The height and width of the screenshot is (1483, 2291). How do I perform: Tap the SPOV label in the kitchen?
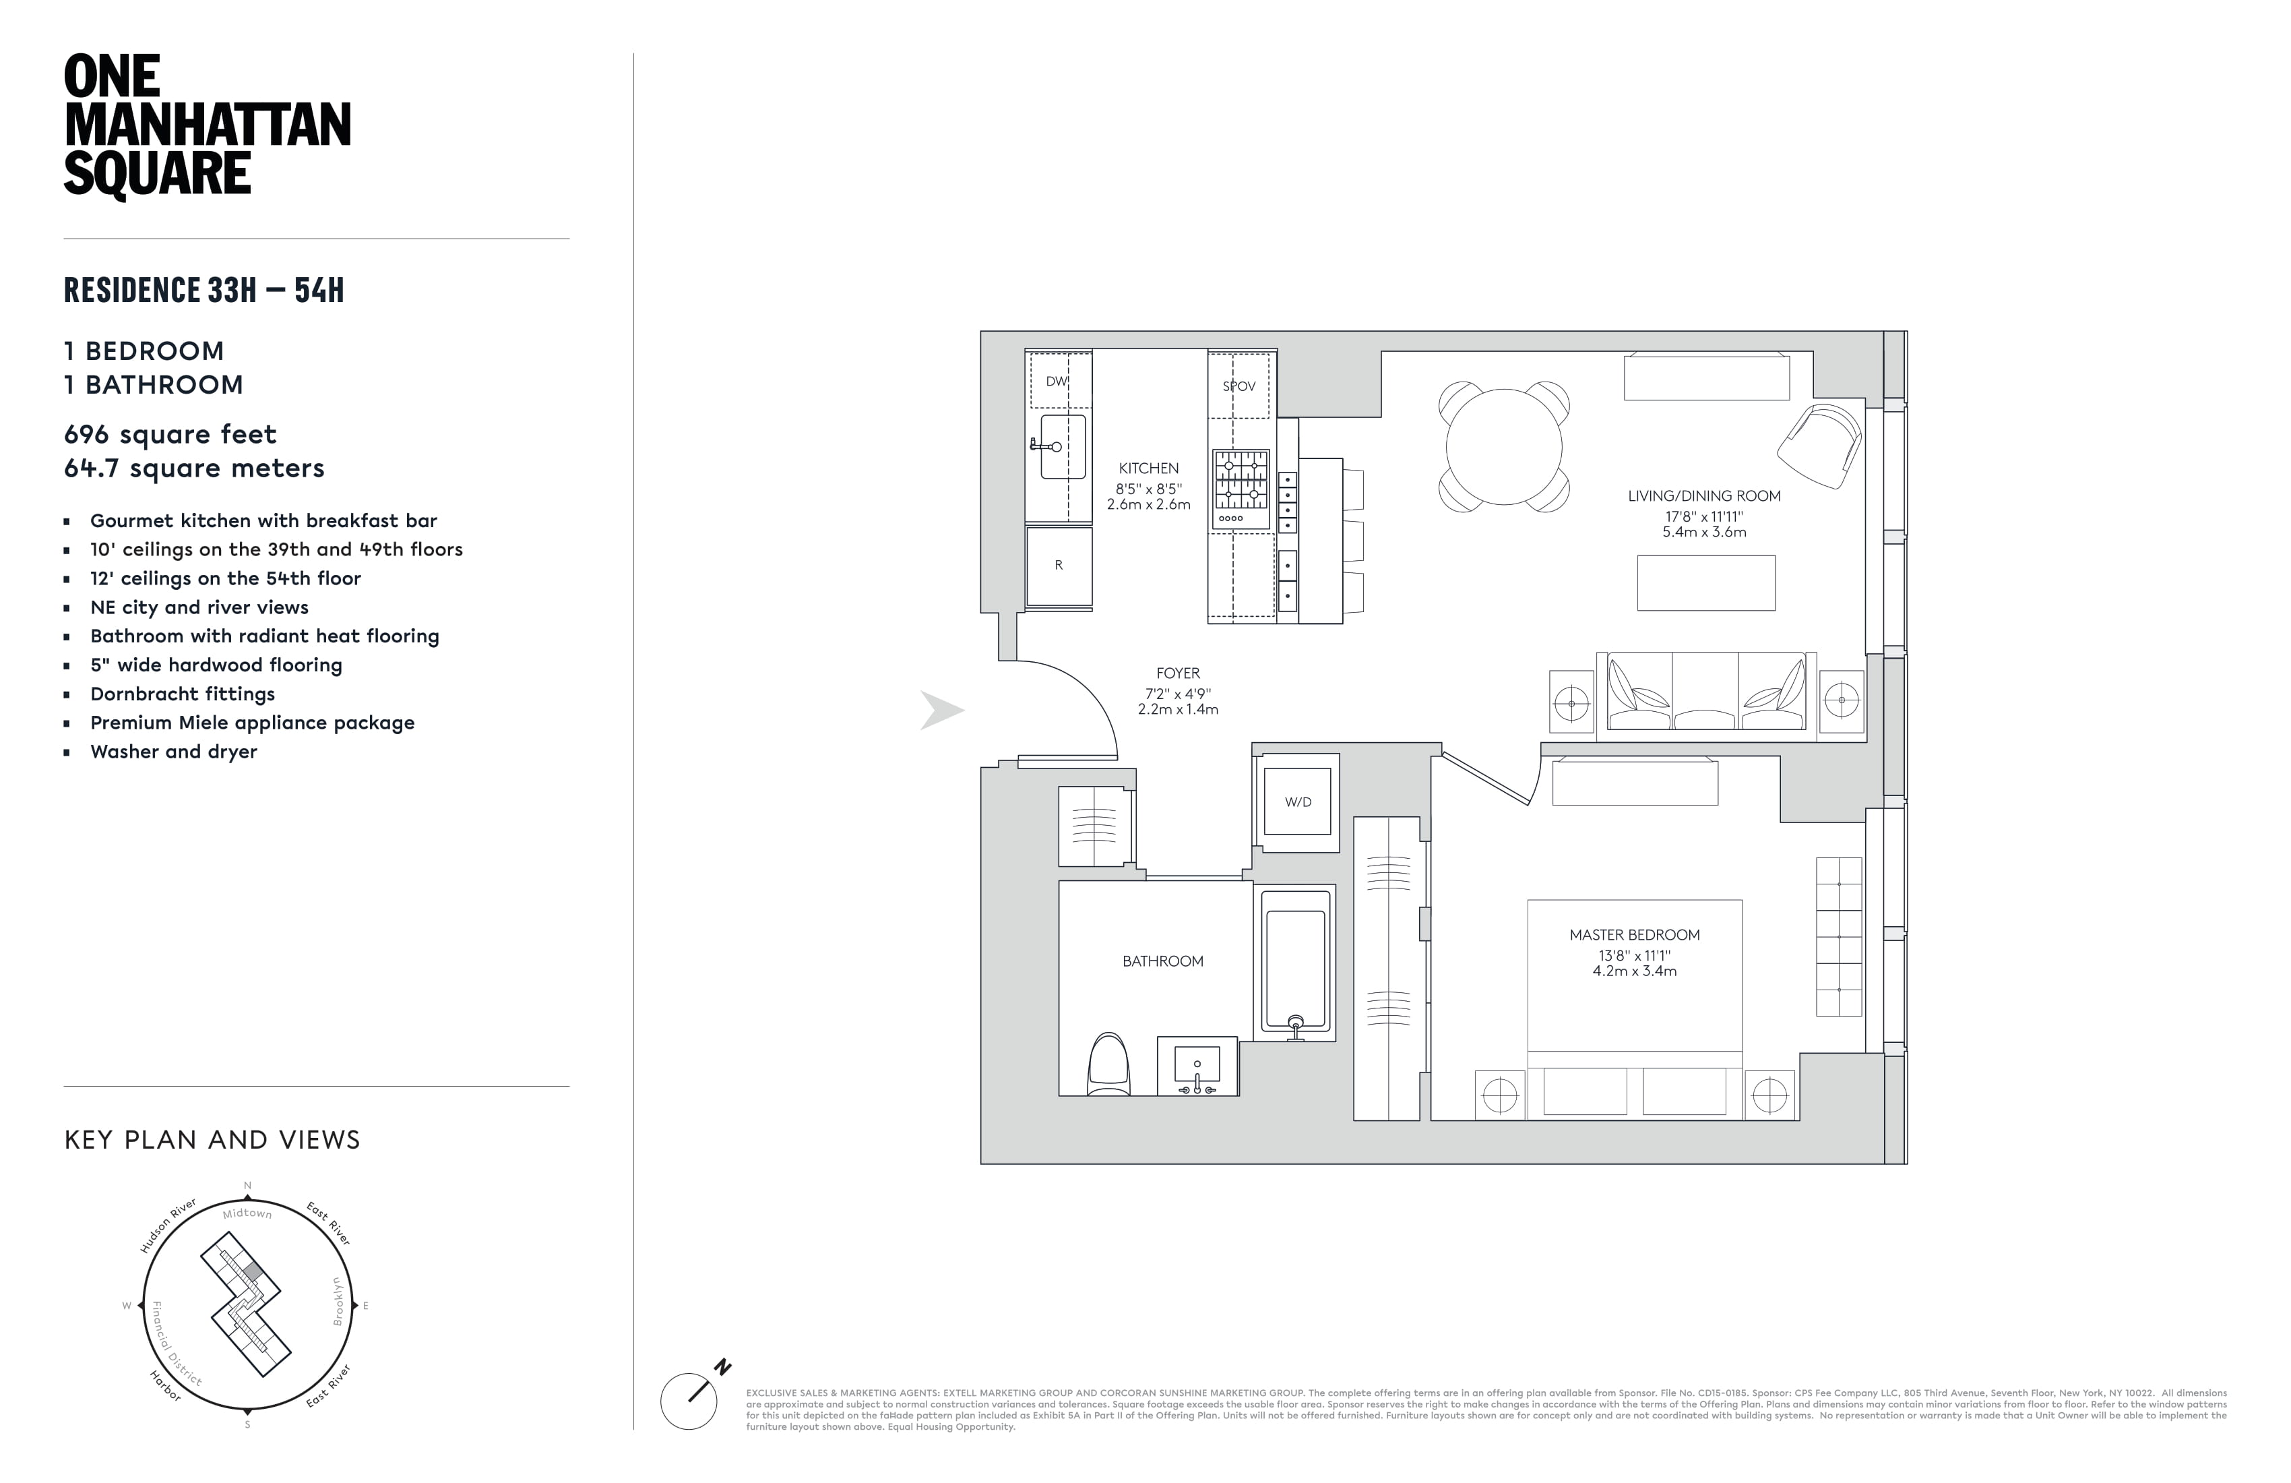[1239, 386]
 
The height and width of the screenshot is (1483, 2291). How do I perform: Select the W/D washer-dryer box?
[1298, 802]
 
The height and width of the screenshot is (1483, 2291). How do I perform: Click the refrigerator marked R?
[1059, 566]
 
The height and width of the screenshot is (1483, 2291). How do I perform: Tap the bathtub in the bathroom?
[1296, 963]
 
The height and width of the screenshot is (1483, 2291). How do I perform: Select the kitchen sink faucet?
[1044, 446]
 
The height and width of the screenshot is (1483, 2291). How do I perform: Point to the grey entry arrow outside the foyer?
[941, 710]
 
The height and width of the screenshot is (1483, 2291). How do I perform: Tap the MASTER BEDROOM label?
[1635, 935]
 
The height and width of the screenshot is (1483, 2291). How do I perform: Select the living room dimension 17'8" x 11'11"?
[1704, 516]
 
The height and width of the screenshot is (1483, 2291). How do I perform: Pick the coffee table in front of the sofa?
[1705, 582]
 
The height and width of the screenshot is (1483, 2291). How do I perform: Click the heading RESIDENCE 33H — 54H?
[204, 290]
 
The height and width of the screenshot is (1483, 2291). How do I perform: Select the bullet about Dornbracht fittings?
[183, 694]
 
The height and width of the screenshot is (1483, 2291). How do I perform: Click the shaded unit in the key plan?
[252, 1272]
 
